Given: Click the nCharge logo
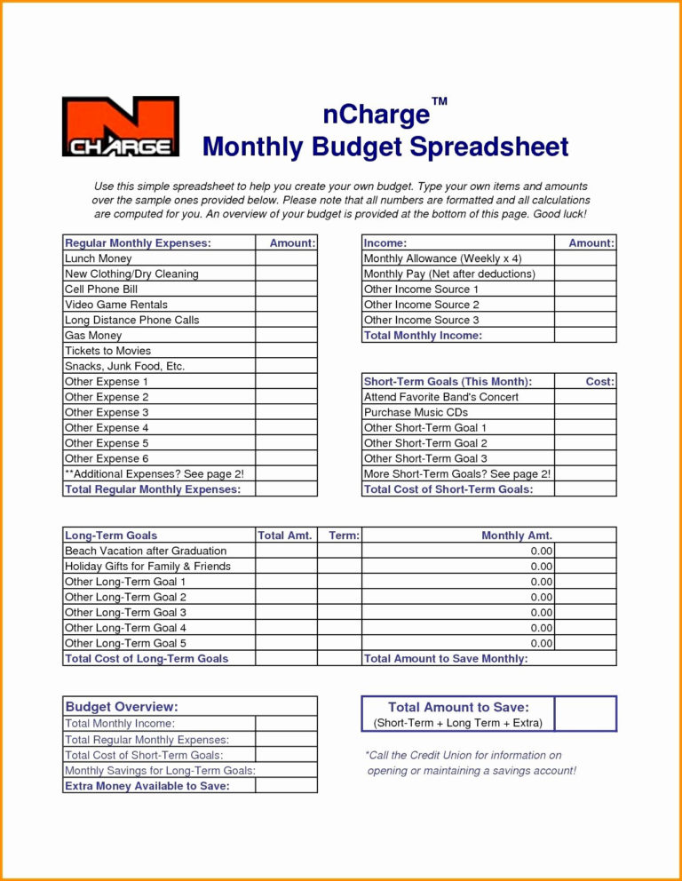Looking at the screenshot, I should pos(120,126).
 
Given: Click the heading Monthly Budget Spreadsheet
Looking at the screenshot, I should pos(385,147).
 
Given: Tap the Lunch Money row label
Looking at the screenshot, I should pos(99,258).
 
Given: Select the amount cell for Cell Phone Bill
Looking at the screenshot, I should pos(286,290).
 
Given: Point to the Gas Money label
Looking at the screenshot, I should pos(93,336).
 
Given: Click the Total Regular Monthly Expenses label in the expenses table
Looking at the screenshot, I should pos(153,489).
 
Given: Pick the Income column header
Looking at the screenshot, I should pos(385,242).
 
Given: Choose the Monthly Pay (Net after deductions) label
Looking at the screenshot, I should pos(449,274).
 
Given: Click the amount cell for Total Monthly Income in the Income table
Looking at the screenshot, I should pos(585,336).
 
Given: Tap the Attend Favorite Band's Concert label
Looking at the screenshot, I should pos(441,397).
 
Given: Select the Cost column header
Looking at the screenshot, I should pos(599,381).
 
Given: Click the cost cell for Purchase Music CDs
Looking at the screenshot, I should pos(585,412).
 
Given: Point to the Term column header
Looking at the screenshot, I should pos(344,536).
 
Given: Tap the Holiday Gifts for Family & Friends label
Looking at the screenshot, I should pos(147,567).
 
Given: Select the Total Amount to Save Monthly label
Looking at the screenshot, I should pos(446,659).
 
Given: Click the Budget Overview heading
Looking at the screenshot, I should pos(122,707).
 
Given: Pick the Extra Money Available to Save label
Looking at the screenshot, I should pos(147,786).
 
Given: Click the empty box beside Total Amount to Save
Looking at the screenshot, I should pos(585,714).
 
